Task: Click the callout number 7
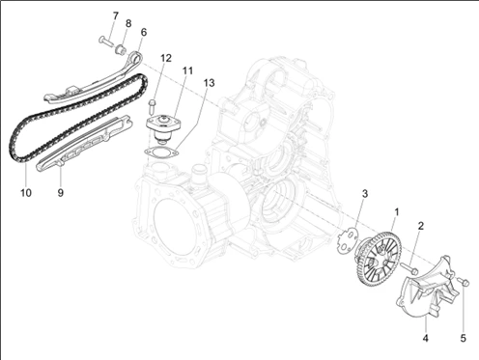click(115, 15)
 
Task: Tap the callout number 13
click(209, 83)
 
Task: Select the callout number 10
click(26, 193)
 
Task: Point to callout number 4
click(426, 338)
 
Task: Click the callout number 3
click(365, 194)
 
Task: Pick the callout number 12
click(166, 58)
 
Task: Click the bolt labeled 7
click(105, 42)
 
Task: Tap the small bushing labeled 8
click(121, 49)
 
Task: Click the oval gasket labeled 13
click(161, 152)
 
